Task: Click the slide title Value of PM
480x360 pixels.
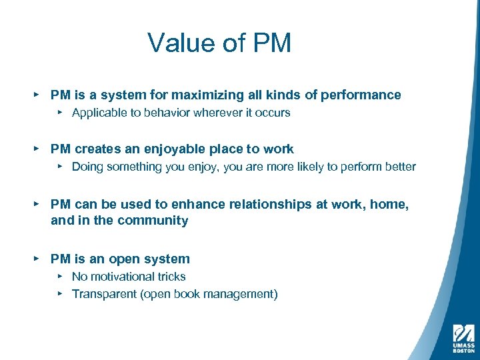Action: (x=219, y=43)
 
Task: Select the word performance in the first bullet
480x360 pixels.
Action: (x=361, y=95)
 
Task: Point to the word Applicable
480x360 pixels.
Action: (x=98, y=113)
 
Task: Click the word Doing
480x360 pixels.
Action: (x=87, y=167)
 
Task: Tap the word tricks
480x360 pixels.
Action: (x=171, y=277)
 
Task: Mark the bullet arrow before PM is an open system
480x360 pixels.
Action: (x=36, y=259)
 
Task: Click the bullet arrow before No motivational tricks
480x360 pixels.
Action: (x=60, y=276)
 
